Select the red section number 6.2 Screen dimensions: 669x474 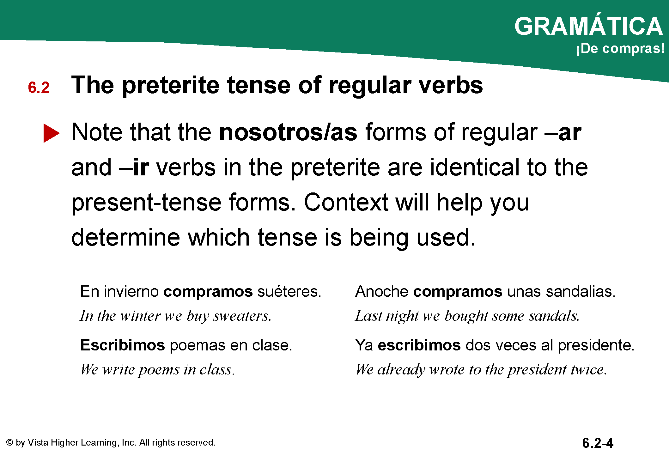[x=39, y=88]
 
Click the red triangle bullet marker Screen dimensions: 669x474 [x=51, y=133]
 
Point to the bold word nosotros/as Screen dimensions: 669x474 [x=288, y=132]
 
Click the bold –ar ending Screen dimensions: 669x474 [x=563, y=133]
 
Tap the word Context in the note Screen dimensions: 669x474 [x=346, y=202]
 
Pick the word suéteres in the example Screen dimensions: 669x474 [x=289, y=291]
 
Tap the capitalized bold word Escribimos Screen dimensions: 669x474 [x=123, y=345]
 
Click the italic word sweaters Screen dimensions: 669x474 [x=242, y=316]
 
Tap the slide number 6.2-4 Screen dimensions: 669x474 [x=598, y=443]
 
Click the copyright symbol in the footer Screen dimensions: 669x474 [x=10, y=442]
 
